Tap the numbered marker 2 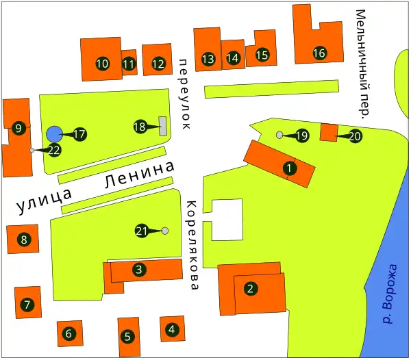pyautogui.click(x=251, y=288)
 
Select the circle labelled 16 pyautogui.click(x=319, y=53)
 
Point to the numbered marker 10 pyautogui.click(x=102, y=64)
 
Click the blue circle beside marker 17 pyautogui.click(x=54, y=134)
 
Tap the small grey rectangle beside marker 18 pyautogui.click(x=163, y=126)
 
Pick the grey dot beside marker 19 pyautogui.click(x=279, y=135)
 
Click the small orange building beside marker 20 pyautogui.click(x=329, y=132)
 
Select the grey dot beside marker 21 pyautogui.click(x=165, y=231)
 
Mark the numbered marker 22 pyautogui.click(x=55, y=150)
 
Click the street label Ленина pyautogui.click(x=137, y=176)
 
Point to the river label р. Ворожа pyautogui.click(x=390, y=294)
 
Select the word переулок pyautogui.click(x=184, y=94)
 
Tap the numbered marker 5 pyautogui.click(x=127, y=337)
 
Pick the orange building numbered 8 pyautogui.click(x=23, y=239)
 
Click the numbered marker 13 pyautogui.click(x=208, y=59)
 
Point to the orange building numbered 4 pyautogui.click(x=171, y=329)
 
